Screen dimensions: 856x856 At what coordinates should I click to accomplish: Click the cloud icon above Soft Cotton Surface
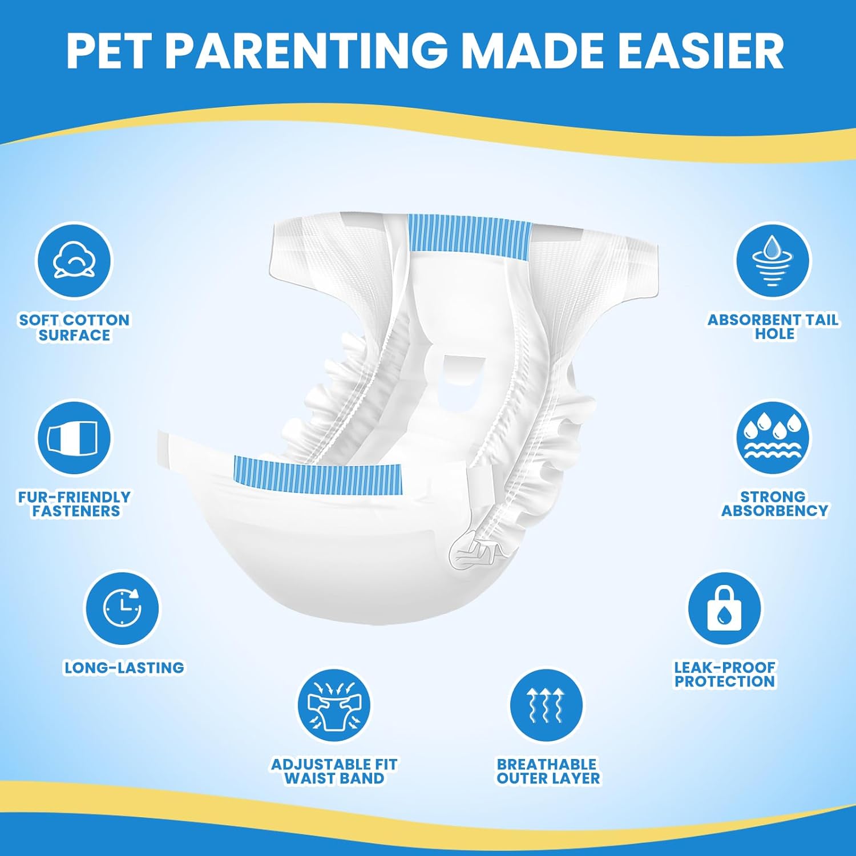pyautogui.click(x=74, y=260)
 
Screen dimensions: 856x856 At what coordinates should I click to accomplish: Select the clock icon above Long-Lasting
pyautogui.click(x=122, y=608)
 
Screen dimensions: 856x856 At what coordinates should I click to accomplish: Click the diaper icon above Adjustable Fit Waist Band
pyautogui.click(x=334, y=705)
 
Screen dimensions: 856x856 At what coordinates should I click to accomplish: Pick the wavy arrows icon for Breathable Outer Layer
pyautogui.click(x=547, y=705)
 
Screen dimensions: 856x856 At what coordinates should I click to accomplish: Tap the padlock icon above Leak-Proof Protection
pyautogui.click(x=724, y=608)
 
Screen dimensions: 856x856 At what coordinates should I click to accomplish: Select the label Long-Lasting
pyautogui.click(x=124, y=668)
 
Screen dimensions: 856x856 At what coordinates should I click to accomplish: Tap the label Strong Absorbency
pyautogui.click(x=774, y=504)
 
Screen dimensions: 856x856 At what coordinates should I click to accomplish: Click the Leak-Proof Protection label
pyautogui.click(x=725, y=675)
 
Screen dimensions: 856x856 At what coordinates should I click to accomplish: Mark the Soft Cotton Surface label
pyautogui.click(x=74, y=328)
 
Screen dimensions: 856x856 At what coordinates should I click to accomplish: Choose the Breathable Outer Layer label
pyautogui.click(x=548, y=771)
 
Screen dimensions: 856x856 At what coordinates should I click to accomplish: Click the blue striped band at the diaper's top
pyautogui.click(x=470, y=233)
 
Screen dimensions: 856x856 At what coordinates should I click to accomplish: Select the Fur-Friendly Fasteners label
pyautogui.click(x=74, y=504)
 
